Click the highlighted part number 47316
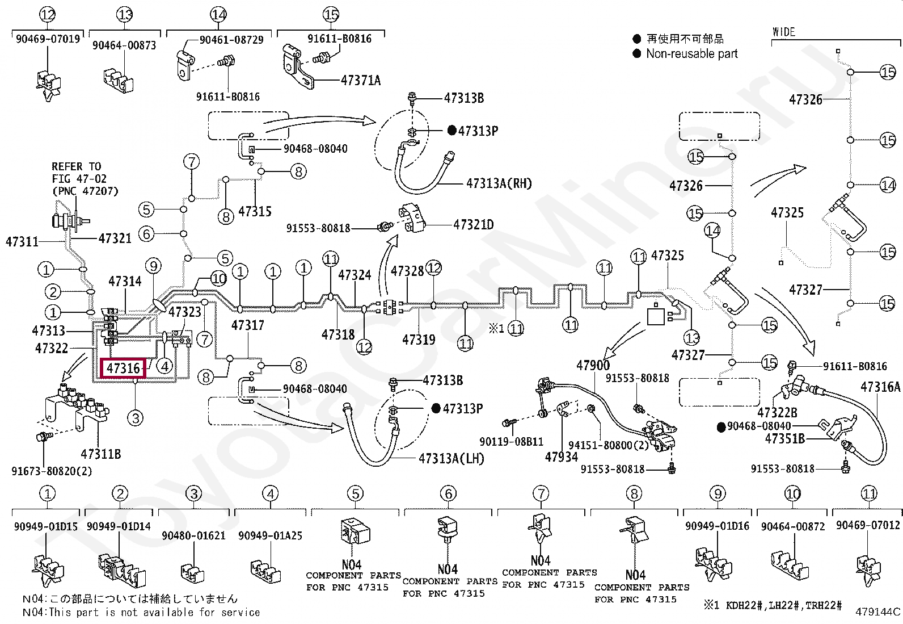(x=123, y=368)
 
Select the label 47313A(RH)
(x=499, y=183)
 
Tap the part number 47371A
(x=361, y=80)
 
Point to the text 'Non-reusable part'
(x=692, y=53)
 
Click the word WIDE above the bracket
(x=784, y=32)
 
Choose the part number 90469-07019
(x=48, y=39)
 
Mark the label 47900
(x=593, y=365)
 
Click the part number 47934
(x=562, y=457)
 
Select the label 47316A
(x=880, y=387)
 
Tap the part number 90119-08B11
(x=511, y=441)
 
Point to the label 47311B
(x=101, y=454)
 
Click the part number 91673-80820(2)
(x=52, y=471)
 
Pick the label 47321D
(x=474, y=224)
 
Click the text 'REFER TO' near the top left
(x=76, y=166)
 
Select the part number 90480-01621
(x=193, y=535)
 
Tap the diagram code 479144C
(x=877, y=612)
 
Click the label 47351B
(x=785, y=438)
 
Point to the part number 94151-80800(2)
(x=608, y=445)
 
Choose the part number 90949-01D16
(x=717, y=526)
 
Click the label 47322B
(x=777, y=413)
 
